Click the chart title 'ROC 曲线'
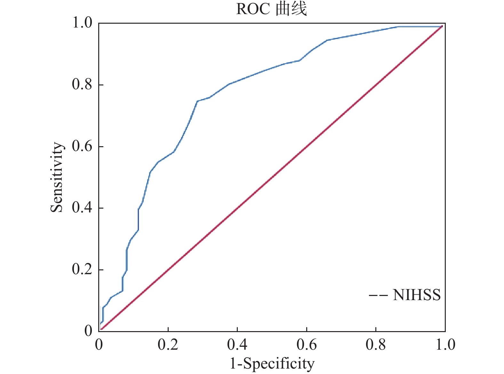(x=271, y=9)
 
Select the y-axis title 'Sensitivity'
(x=57, y=177)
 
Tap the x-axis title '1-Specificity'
(x=272, y=364)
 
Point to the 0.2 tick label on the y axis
(x=82, y=269)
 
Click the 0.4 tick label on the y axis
(x=82, y=208)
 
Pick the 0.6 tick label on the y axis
(x=82, y=146)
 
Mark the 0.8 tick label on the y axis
(x=82, y=84)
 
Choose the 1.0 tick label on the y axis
(x=82, y=23)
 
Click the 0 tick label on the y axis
(x=88, y=331)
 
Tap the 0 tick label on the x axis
(x=99, y=345)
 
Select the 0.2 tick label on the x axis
(x=168, y=345)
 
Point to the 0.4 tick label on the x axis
(x=237, y=345)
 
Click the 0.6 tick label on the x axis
(x=307, y=345)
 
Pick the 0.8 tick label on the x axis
(x=376, y=345)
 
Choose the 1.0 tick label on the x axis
(x=445, y=345)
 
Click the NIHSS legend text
(x=417, y=295)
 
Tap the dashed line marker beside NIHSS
(x=378, y=295)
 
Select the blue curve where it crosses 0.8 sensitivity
(x=228, y=85)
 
